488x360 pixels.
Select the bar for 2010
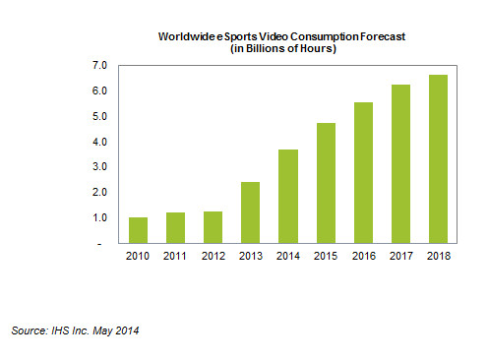click(139, 230)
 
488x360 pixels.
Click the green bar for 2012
click(213, 227)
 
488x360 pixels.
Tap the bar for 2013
click(251, 212)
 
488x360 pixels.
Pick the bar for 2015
click(326, 183)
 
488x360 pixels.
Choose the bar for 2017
click(400, 163)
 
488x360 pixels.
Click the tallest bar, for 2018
click(438, 158)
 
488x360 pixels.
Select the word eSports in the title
click(233, 35)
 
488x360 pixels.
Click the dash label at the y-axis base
click(103, 243)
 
